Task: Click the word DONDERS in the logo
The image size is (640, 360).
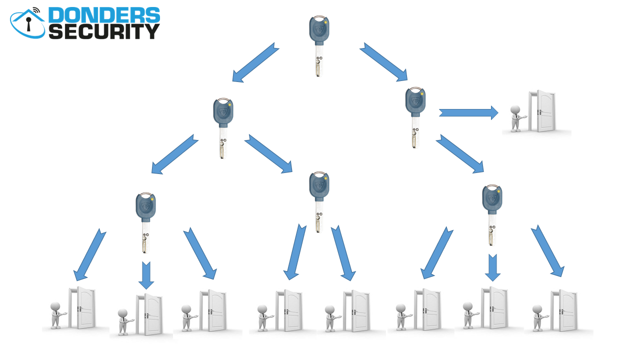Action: (x=104, y=15)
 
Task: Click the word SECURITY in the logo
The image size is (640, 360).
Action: (x=104, y=31)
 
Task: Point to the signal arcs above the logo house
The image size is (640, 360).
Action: (x=36, y=10)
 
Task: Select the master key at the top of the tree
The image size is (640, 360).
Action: (x=319, y=46)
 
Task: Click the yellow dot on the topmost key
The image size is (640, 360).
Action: (x=325, y=21)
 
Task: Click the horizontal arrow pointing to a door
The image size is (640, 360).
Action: (x=468, y=113)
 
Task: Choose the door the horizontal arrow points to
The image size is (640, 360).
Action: (x=542, y=111)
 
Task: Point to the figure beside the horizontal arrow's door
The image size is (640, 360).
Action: (x=517, y=118)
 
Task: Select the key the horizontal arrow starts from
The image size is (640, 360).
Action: (x=415, y=117)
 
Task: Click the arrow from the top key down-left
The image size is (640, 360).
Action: (x=255, y=63)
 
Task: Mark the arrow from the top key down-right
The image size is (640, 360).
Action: (x=383, y=62)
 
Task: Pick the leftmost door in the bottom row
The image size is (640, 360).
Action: (x=82, y=307)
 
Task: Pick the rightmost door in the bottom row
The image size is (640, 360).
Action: (x=564, y=310)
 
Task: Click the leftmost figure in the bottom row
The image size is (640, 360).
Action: (x=57, y=315)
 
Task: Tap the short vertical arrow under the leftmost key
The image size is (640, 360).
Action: (x=146, y=275)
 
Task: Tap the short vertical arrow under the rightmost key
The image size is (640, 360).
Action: (x=492, y=267)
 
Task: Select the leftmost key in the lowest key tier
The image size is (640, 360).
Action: (x=145, y=223)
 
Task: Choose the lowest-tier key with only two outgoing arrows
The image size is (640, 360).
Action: (x=319, y=202)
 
